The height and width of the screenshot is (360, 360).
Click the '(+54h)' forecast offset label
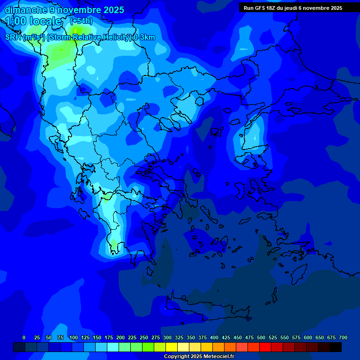click(81, 21)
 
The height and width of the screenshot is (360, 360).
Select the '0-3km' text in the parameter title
click(144, 37)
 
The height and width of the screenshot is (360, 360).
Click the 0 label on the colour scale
click(24, 337)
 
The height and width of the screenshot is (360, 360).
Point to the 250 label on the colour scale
click(144, 337)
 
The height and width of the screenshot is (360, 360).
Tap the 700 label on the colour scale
click(343, 337)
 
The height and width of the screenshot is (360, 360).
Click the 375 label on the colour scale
click(202, 337)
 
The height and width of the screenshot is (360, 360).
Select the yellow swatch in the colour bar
click(172, 347)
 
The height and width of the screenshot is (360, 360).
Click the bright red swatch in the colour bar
click(265, 347)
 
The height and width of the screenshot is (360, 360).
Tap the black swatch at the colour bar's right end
click(336, 347)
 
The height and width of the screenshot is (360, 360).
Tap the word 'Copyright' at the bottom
click(176, 357)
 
